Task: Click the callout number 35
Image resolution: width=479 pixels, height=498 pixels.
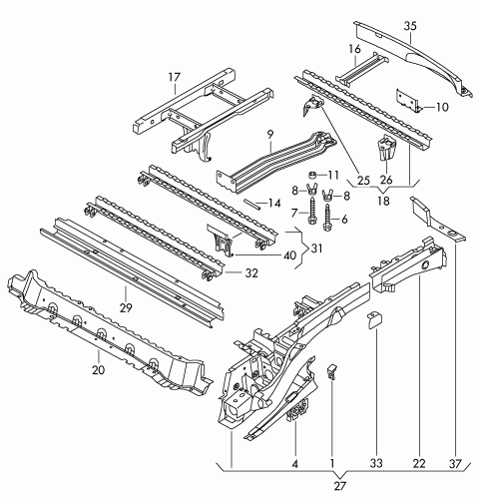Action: pyautogui.click(x=410, y=26)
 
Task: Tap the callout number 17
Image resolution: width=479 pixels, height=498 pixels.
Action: pyautogui.click(x=175, y=77)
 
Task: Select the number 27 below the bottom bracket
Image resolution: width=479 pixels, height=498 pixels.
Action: pyautogui.click(x=340, y=486)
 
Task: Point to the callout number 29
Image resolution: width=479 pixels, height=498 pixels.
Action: pyautogui.click(x=126, y=308)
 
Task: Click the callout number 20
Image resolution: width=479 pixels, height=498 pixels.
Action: pyautogui.click(x=99, y=370)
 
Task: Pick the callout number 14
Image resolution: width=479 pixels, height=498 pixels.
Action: pyautogui.click(x=274, y=203)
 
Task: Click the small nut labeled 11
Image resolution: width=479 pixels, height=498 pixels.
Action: pyautogui.click(x=312, y=175)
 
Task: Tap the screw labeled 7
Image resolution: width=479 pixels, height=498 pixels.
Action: pyautogui.click(x=312, y=212)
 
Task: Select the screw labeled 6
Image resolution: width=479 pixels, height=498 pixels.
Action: pyautogui.click(x=327, y=218)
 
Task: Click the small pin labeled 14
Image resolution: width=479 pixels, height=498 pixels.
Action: pyautogui.click(x=251, y=204)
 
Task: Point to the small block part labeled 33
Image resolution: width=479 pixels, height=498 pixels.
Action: pyautogui.click(x=374, y=319)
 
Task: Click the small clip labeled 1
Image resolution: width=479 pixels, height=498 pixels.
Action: pyautogui.click(x=332, y=371)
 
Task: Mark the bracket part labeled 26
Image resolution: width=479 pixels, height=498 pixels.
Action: pyautogui.click(x=386, y=147)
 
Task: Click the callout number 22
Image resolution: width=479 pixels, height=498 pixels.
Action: pyautogui.click(x=419, y=463)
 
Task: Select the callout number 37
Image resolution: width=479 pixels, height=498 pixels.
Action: pyautogui.click(x=455, y=463)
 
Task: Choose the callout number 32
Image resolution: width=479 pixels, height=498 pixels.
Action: pyautogui.click(x=251, y=273)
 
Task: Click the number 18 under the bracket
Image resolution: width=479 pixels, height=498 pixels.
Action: pyautogui.click(x=383, y=201)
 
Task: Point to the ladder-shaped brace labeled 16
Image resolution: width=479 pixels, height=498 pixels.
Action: pyautogui.click(x=362, y=70)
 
